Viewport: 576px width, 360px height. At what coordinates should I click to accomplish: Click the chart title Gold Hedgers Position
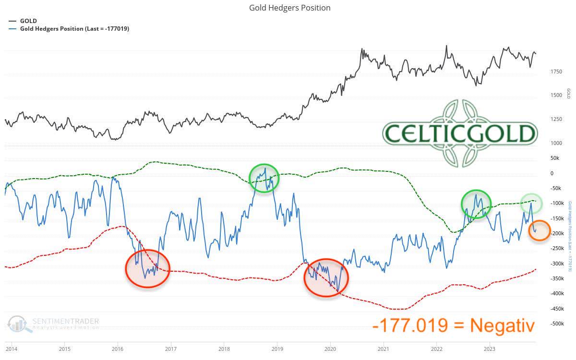click(x=289, y=8)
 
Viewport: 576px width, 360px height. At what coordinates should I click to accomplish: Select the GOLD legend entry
click(x=28, y=21)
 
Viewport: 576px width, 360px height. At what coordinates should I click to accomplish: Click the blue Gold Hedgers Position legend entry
click(x=74, y=29)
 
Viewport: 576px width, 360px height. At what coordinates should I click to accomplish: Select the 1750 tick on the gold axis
click(x=556, y=72)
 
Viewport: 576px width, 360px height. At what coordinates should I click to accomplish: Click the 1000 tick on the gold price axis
click(x=556, y=143)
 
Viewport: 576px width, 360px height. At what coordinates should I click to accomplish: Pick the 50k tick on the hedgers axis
click(x=555, y=158)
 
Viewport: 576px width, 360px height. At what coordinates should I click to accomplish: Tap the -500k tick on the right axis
click(x=557, y=324)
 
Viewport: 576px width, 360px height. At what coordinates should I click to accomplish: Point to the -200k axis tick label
click(x=557, y=233)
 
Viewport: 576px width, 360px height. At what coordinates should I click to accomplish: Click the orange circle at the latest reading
click(x=540, y=230)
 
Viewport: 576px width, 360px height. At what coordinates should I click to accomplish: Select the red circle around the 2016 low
click(x=147, y=268)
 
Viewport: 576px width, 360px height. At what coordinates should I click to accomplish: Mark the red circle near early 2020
click(x=326, y=278)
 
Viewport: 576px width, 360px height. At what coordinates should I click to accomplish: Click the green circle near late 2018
click(x=264, y=178)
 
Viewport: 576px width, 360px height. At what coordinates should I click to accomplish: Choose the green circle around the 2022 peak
click(x=476, y=204)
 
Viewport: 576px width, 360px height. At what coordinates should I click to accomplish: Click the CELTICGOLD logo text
click(x=459, y=133)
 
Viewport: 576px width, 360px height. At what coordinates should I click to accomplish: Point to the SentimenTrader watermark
click(x=54, y=324)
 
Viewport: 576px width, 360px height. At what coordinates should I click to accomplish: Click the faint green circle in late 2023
click(x=532, y=204)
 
